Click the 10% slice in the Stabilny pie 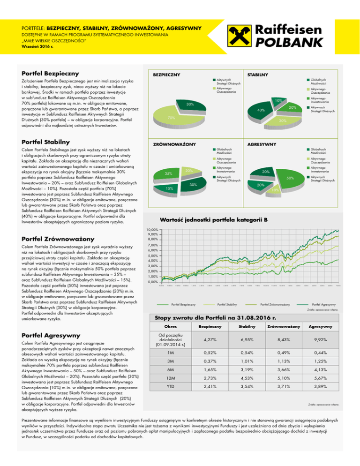tap(277, 100)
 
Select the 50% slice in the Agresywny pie tap(290, 179)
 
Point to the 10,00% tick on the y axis tap(151, 229)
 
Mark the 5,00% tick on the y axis tap(151, 256)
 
